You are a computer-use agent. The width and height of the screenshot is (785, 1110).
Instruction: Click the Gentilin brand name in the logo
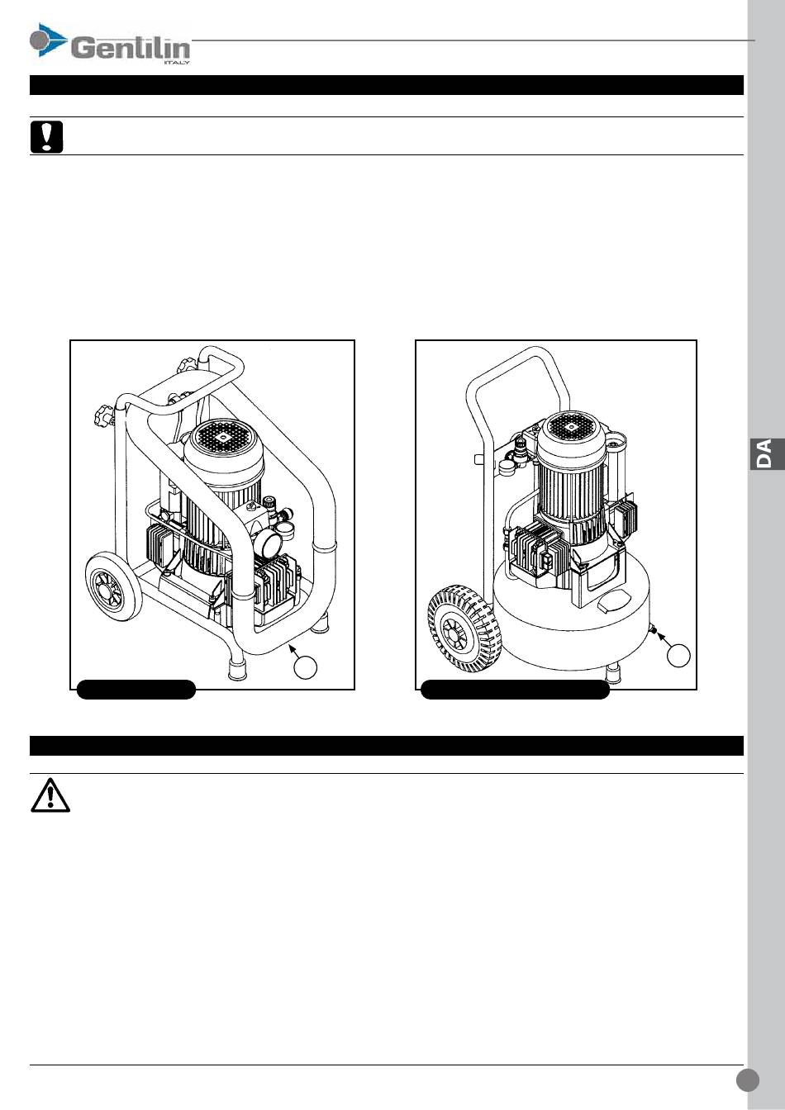pos(131,49)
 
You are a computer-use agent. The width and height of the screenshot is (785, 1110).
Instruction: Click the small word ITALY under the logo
pos(176,63)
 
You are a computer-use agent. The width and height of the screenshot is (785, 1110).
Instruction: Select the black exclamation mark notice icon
pos(46,137)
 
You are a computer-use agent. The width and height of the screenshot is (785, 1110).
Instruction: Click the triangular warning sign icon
pos(50,796)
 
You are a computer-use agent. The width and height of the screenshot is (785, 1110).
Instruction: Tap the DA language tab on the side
pos(767,454)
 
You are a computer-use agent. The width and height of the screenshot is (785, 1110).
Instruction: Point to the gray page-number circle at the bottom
pos(747,1079)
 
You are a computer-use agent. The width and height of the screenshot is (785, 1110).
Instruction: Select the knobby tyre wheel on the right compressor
pos(464,629)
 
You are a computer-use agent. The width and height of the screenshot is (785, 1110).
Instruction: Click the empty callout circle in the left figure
pos(306,667)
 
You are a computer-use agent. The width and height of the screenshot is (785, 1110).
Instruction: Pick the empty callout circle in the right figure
pos(678,656)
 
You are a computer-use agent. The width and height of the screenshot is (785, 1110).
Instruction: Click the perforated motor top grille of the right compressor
pos(572,427)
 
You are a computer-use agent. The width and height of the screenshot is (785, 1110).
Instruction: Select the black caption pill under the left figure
pos(136,690)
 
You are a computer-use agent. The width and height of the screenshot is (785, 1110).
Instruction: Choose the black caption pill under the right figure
pos(516,690)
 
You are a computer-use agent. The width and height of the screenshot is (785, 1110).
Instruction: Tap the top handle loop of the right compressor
pos(517,372)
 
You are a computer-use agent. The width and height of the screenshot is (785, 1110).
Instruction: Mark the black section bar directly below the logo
pos(387,85)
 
